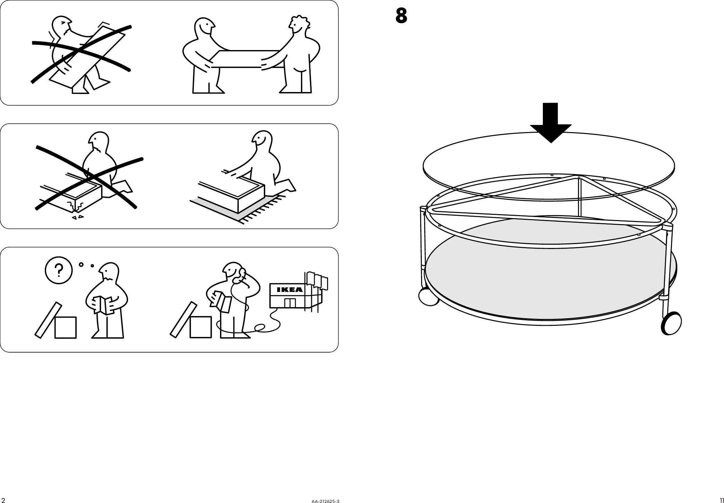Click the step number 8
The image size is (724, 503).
pos(401,16)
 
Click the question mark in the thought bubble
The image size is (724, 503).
pos(59,270)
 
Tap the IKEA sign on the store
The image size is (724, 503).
pos(289,289)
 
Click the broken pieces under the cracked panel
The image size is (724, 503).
pos(78,217)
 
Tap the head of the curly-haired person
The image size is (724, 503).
pos(299,25)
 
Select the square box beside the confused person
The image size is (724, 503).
pos(65,328)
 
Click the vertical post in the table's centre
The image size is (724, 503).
pos(580,197)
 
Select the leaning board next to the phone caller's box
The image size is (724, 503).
pos(183,320)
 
